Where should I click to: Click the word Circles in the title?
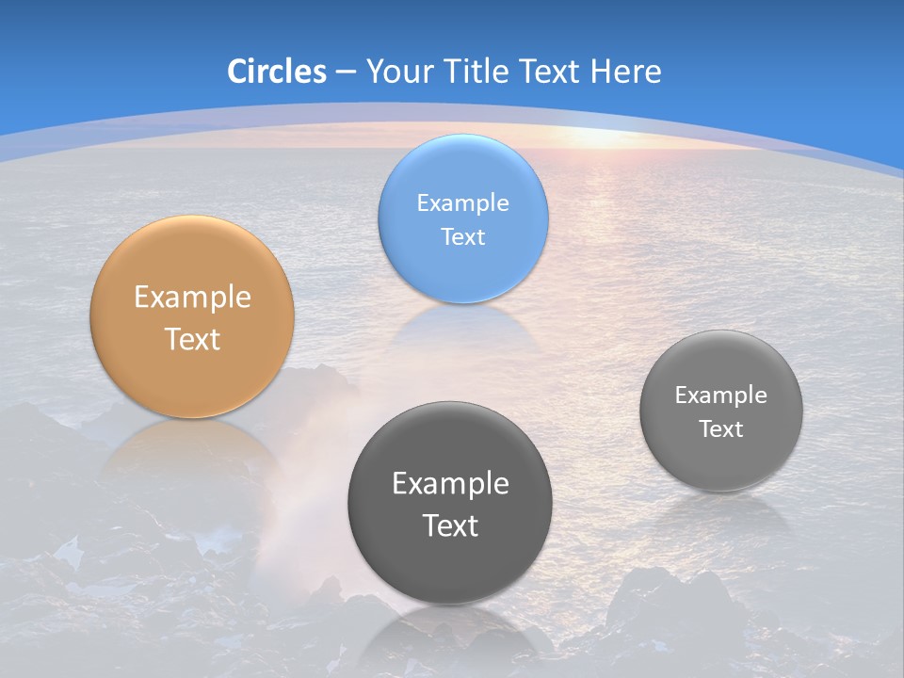click(x=276, y=72)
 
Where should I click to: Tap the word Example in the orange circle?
click(x=192, y=298)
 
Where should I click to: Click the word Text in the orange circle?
click(x=192, y=339)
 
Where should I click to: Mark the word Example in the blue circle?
click(x=462, y=203)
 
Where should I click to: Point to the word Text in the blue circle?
click(x=462, y=237)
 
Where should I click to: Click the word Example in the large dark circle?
click(x=450, y=484)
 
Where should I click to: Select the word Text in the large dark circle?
click(x=450, y=525)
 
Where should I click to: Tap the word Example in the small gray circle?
click(x=720, y=395)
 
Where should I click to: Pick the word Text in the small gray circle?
click(x=721, y=429)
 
